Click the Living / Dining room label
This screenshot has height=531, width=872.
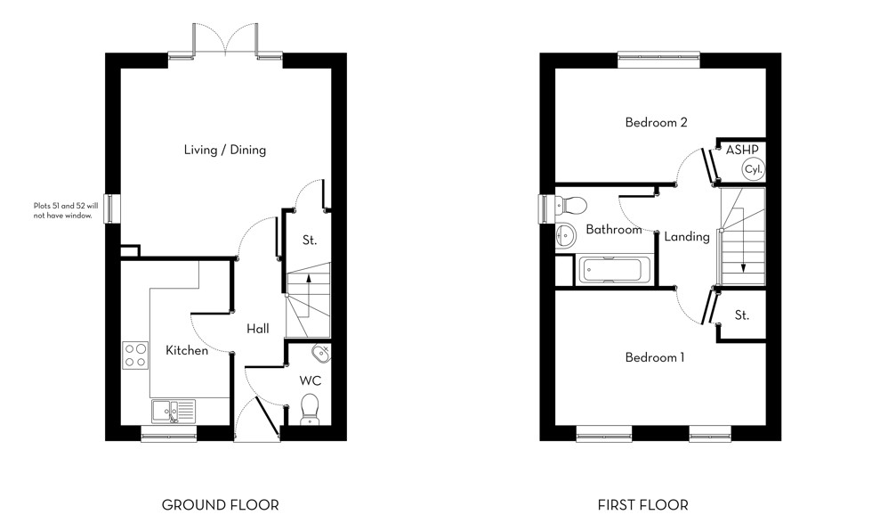pyautogui.click(x=224, y=150)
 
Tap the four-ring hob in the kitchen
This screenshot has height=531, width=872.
pyautogui.click(x=135, y=355)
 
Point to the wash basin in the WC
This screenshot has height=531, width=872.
pyautogui.click(x=322, y=354)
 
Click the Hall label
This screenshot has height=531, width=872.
pyautogui.click(x=257, y=329)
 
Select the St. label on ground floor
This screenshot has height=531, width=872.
pyautogui.click(x=309, y=241)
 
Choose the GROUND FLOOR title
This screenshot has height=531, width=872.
pyautogui.click(x=220, y=505)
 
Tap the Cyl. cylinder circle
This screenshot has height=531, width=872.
pyautogui.click(x=753, y=168)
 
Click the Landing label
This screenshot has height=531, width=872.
pyautogui.click(x=686, y=236)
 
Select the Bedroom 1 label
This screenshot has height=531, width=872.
pyautogui.click(x=654, y=357)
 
